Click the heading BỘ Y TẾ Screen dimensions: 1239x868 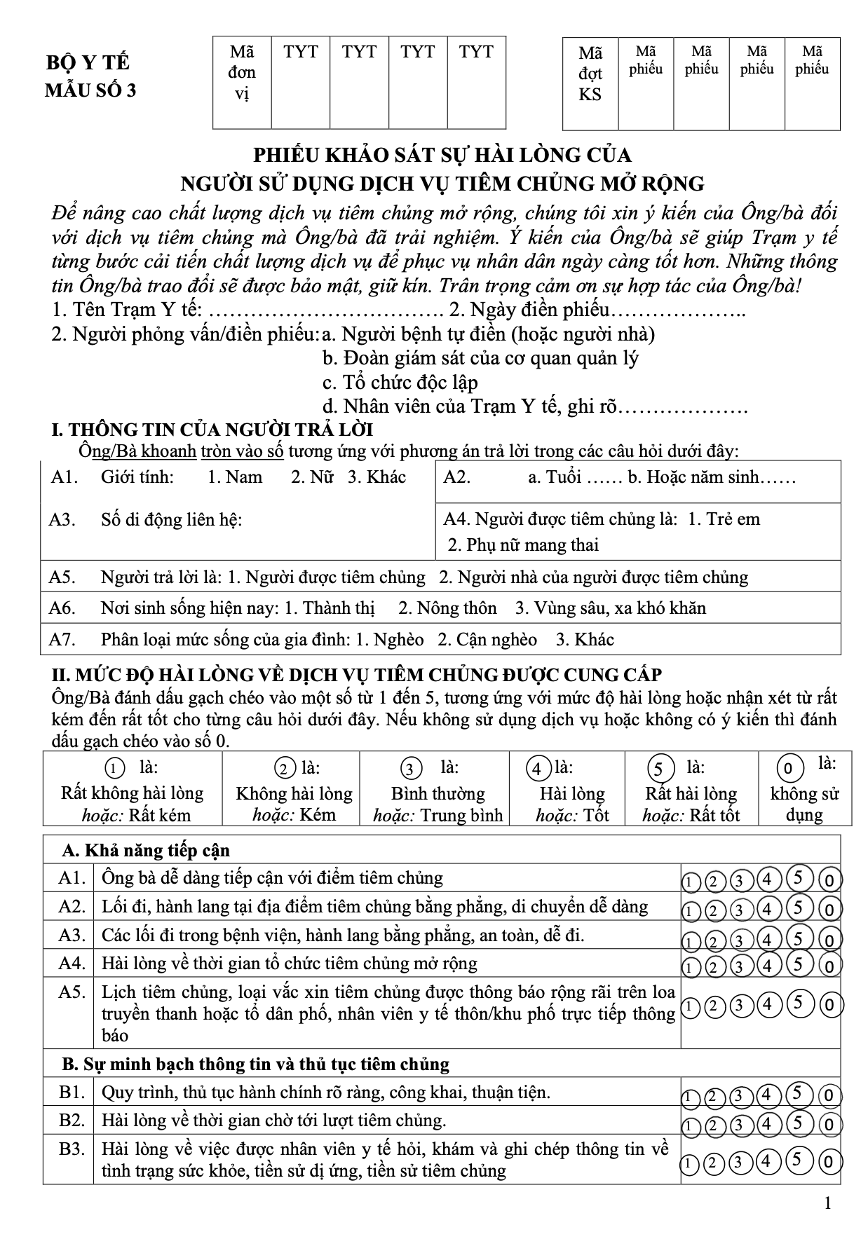click(x=88, y=62)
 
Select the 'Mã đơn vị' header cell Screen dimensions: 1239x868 click(x=242, y=72)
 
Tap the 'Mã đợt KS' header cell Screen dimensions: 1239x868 click(x=590, y=74)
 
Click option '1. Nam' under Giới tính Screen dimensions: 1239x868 click(x=235, y=477)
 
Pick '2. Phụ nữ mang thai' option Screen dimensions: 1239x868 click(x=523, y=545)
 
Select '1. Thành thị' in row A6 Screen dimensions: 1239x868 click(x=330, y=608)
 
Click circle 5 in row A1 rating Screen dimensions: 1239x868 click(x=799, y=878)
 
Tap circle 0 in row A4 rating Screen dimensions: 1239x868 click(x=829, y=967)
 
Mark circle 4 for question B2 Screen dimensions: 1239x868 click(x=768, y=1124)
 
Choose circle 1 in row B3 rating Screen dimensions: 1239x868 click(x=690, y=1163)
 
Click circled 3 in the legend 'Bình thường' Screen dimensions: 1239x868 click(x=410, y=769)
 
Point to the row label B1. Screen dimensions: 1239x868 click(x=72, y=1092)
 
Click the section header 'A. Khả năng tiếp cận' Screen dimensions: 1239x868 click(x=146, y=850)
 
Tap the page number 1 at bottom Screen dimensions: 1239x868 click(x=828, y=1203)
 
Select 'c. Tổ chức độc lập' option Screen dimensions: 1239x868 click(x=400, y=383)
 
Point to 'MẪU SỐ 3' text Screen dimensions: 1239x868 click(x=90, y=91)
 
